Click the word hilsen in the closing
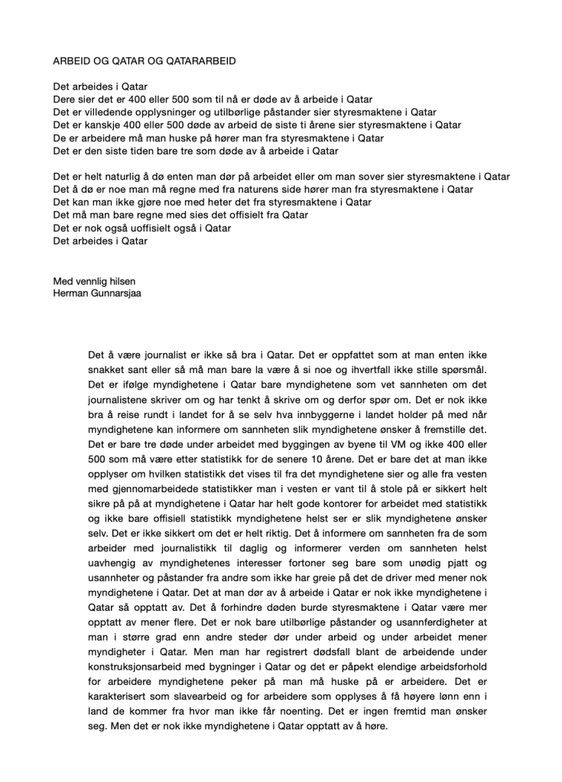[x=119, y=281]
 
